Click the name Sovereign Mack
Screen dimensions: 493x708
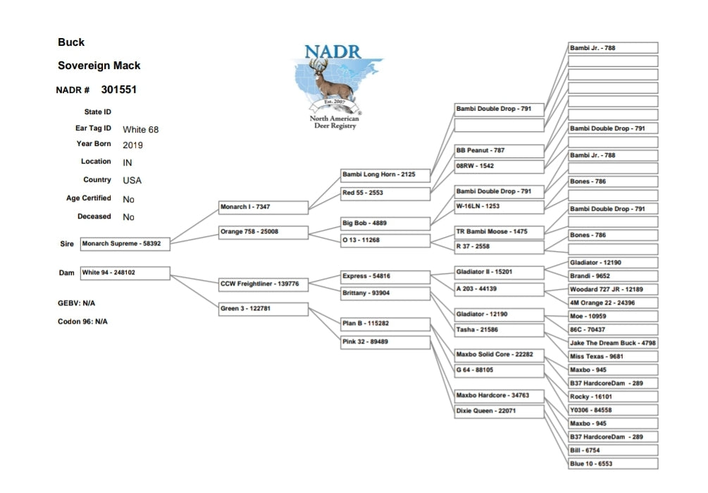(99, 66)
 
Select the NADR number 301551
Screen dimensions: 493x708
(118, 90)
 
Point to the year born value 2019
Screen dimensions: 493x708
(132, 145)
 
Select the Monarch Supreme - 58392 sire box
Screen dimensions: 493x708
(125, 244)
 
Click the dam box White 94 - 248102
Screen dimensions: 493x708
(125, 273)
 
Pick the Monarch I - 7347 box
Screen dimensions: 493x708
(263, 207)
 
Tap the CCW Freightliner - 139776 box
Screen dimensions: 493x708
(263, 284)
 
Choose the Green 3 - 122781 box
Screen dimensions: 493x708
(263, 309)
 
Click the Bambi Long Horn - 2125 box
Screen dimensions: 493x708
(385, 174)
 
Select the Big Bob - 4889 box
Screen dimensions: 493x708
(385, 224)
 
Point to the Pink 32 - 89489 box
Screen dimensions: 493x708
(385, 342)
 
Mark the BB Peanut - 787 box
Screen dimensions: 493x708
(499, 151)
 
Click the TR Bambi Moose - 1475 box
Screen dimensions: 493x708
(499, 232)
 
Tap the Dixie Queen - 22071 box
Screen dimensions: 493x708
(499, 410)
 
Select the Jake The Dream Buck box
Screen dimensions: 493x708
(613, 343)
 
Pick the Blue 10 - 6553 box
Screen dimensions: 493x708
(613, 464)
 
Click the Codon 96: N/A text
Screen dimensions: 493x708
(82, 322)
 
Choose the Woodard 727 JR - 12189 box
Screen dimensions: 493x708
(613, 289)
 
